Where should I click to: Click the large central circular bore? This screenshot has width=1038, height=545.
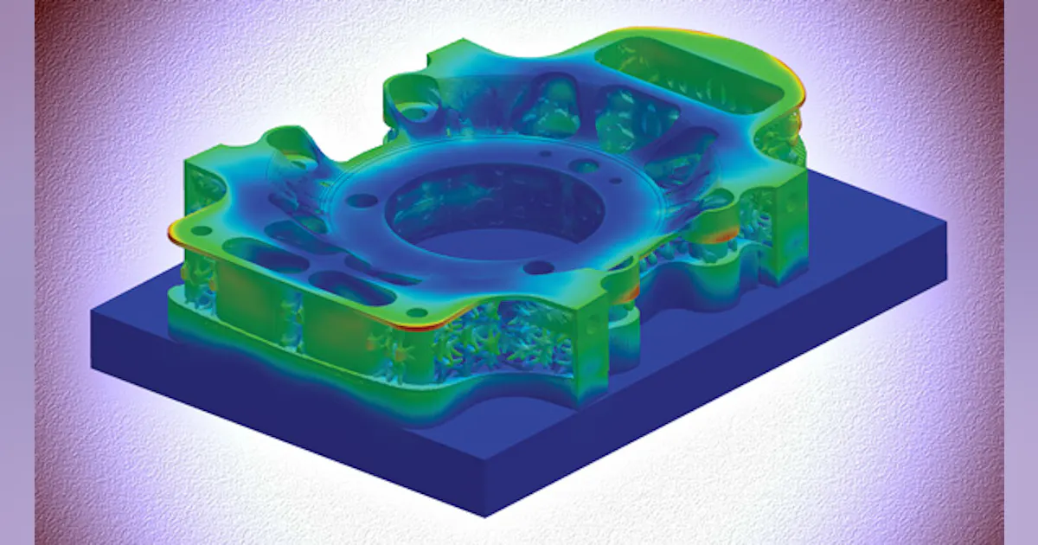tap(471, 212)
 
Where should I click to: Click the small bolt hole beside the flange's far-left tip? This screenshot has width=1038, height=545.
tap(200, 232)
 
